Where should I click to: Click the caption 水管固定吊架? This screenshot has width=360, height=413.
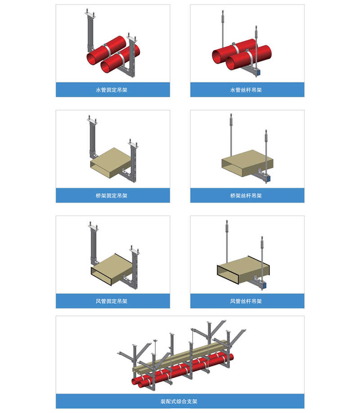112,90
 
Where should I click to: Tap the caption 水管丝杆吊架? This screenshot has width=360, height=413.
246,90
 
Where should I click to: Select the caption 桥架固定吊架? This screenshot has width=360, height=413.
112,195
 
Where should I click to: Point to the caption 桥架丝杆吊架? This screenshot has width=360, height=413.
246,195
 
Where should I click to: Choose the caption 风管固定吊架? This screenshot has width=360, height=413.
112,301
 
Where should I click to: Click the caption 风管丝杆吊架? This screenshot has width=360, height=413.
246,301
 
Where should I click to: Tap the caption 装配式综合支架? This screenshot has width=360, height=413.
179,401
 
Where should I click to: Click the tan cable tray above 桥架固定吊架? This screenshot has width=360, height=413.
111,163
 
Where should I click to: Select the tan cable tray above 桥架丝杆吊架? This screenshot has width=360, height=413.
247,163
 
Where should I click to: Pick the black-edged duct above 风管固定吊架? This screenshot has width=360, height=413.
112,269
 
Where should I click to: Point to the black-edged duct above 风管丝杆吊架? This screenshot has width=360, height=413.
243,270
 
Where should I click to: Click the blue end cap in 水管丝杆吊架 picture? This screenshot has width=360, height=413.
259,72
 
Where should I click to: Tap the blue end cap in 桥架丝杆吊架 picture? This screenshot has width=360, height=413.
269,179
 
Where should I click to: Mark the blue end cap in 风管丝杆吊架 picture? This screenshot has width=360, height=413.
264,285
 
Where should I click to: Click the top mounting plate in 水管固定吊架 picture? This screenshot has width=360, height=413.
90,15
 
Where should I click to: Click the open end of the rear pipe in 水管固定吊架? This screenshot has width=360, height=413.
93,58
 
